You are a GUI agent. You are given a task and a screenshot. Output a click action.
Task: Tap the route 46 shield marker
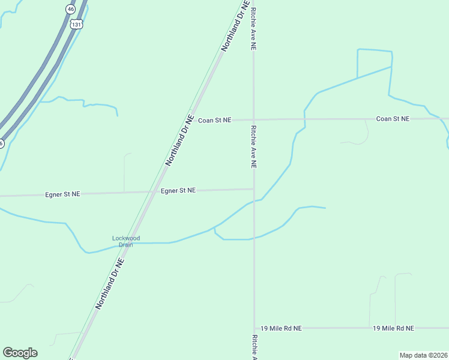71,9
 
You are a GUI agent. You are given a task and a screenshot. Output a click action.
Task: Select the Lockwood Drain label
126,241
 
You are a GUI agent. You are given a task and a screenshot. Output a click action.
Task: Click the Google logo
20,353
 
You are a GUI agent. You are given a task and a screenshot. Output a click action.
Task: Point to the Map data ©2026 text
423,355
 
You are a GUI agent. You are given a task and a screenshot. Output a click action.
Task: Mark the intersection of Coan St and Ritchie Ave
253,119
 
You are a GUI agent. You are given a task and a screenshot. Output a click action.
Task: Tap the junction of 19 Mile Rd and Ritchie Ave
254,328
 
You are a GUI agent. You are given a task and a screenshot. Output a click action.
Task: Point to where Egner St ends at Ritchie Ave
253,189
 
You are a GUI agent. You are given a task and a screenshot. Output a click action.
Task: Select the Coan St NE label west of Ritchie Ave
215,120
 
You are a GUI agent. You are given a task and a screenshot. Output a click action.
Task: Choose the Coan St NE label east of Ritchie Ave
393,119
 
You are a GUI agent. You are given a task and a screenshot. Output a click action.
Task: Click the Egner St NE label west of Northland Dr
62,194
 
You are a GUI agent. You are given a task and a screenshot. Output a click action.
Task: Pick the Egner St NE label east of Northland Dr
178,190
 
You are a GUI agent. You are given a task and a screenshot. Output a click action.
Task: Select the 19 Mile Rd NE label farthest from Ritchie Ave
393,328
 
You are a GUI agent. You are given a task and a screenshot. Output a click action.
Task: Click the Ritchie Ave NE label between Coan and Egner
254,146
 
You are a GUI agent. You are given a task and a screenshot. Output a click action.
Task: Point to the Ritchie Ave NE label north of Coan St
254,29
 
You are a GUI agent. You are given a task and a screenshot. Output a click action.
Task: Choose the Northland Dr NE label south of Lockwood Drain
110,284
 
